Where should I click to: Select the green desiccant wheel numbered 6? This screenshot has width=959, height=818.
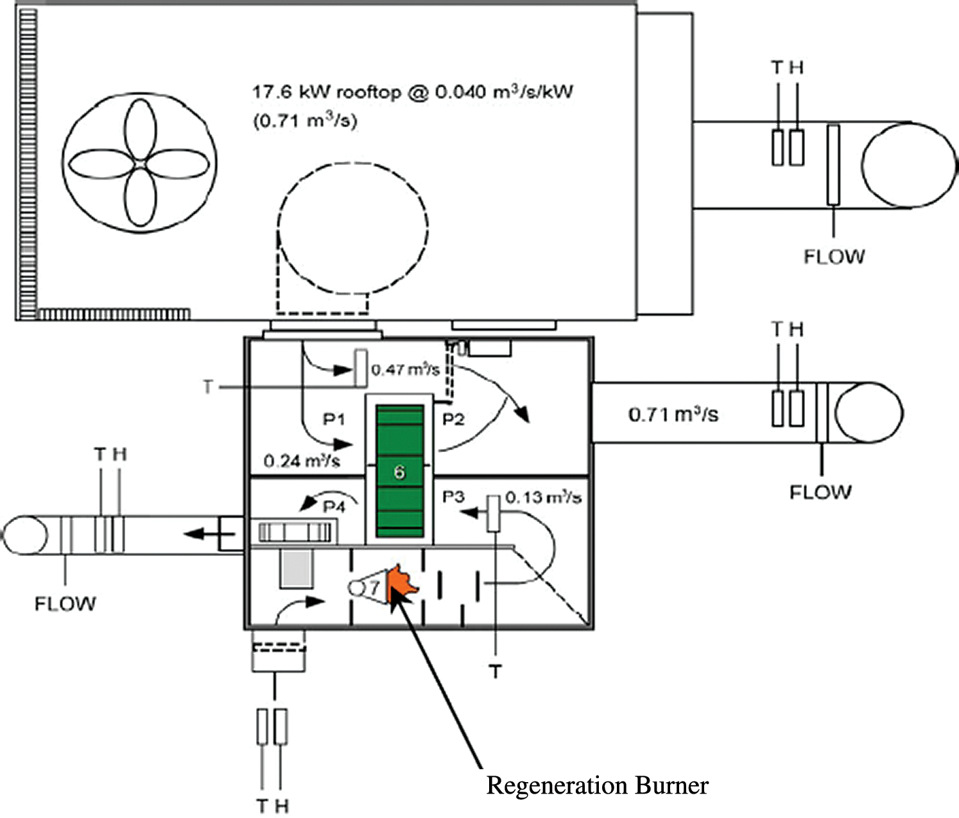pos(399,471)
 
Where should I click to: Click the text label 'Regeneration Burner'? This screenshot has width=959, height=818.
pos(597,785)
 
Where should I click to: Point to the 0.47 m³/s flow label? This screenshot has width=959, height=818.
pos(405,370)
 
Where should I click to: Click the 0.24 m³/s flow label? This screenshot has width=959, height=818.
pos(302,460)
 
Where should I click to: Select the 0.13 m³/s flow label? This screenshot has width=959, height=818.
pos(543,498)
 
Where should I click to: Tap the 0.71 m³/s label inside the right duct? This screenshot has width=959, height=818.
pos(673,414)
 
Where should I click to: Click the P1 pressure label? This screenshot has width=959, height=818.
pos(334,420)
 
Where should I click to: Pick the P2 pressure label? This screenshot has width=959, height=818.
pos(453,420)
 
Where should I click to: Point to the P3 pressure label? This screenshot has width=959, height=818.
pos(453,498)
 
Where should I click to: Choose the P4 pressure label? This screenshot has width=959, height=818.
pos(334,507)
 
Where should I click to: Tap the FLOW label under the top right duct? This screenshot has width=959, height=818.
pos(834,257)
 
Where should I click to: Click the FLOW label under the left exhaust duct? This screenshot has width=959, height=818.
pos(65,604)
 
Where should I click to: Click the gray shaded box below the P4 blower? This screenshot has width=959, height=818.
pos(297,569)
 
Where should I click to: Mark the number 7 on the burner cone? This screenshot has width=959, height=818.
pos(374,586)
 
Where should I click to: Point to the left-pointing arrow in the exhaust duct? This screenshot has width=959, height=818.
pos(200,532)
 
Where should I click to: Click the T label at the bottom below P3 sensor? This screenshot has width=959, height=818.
pos(496,672)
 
